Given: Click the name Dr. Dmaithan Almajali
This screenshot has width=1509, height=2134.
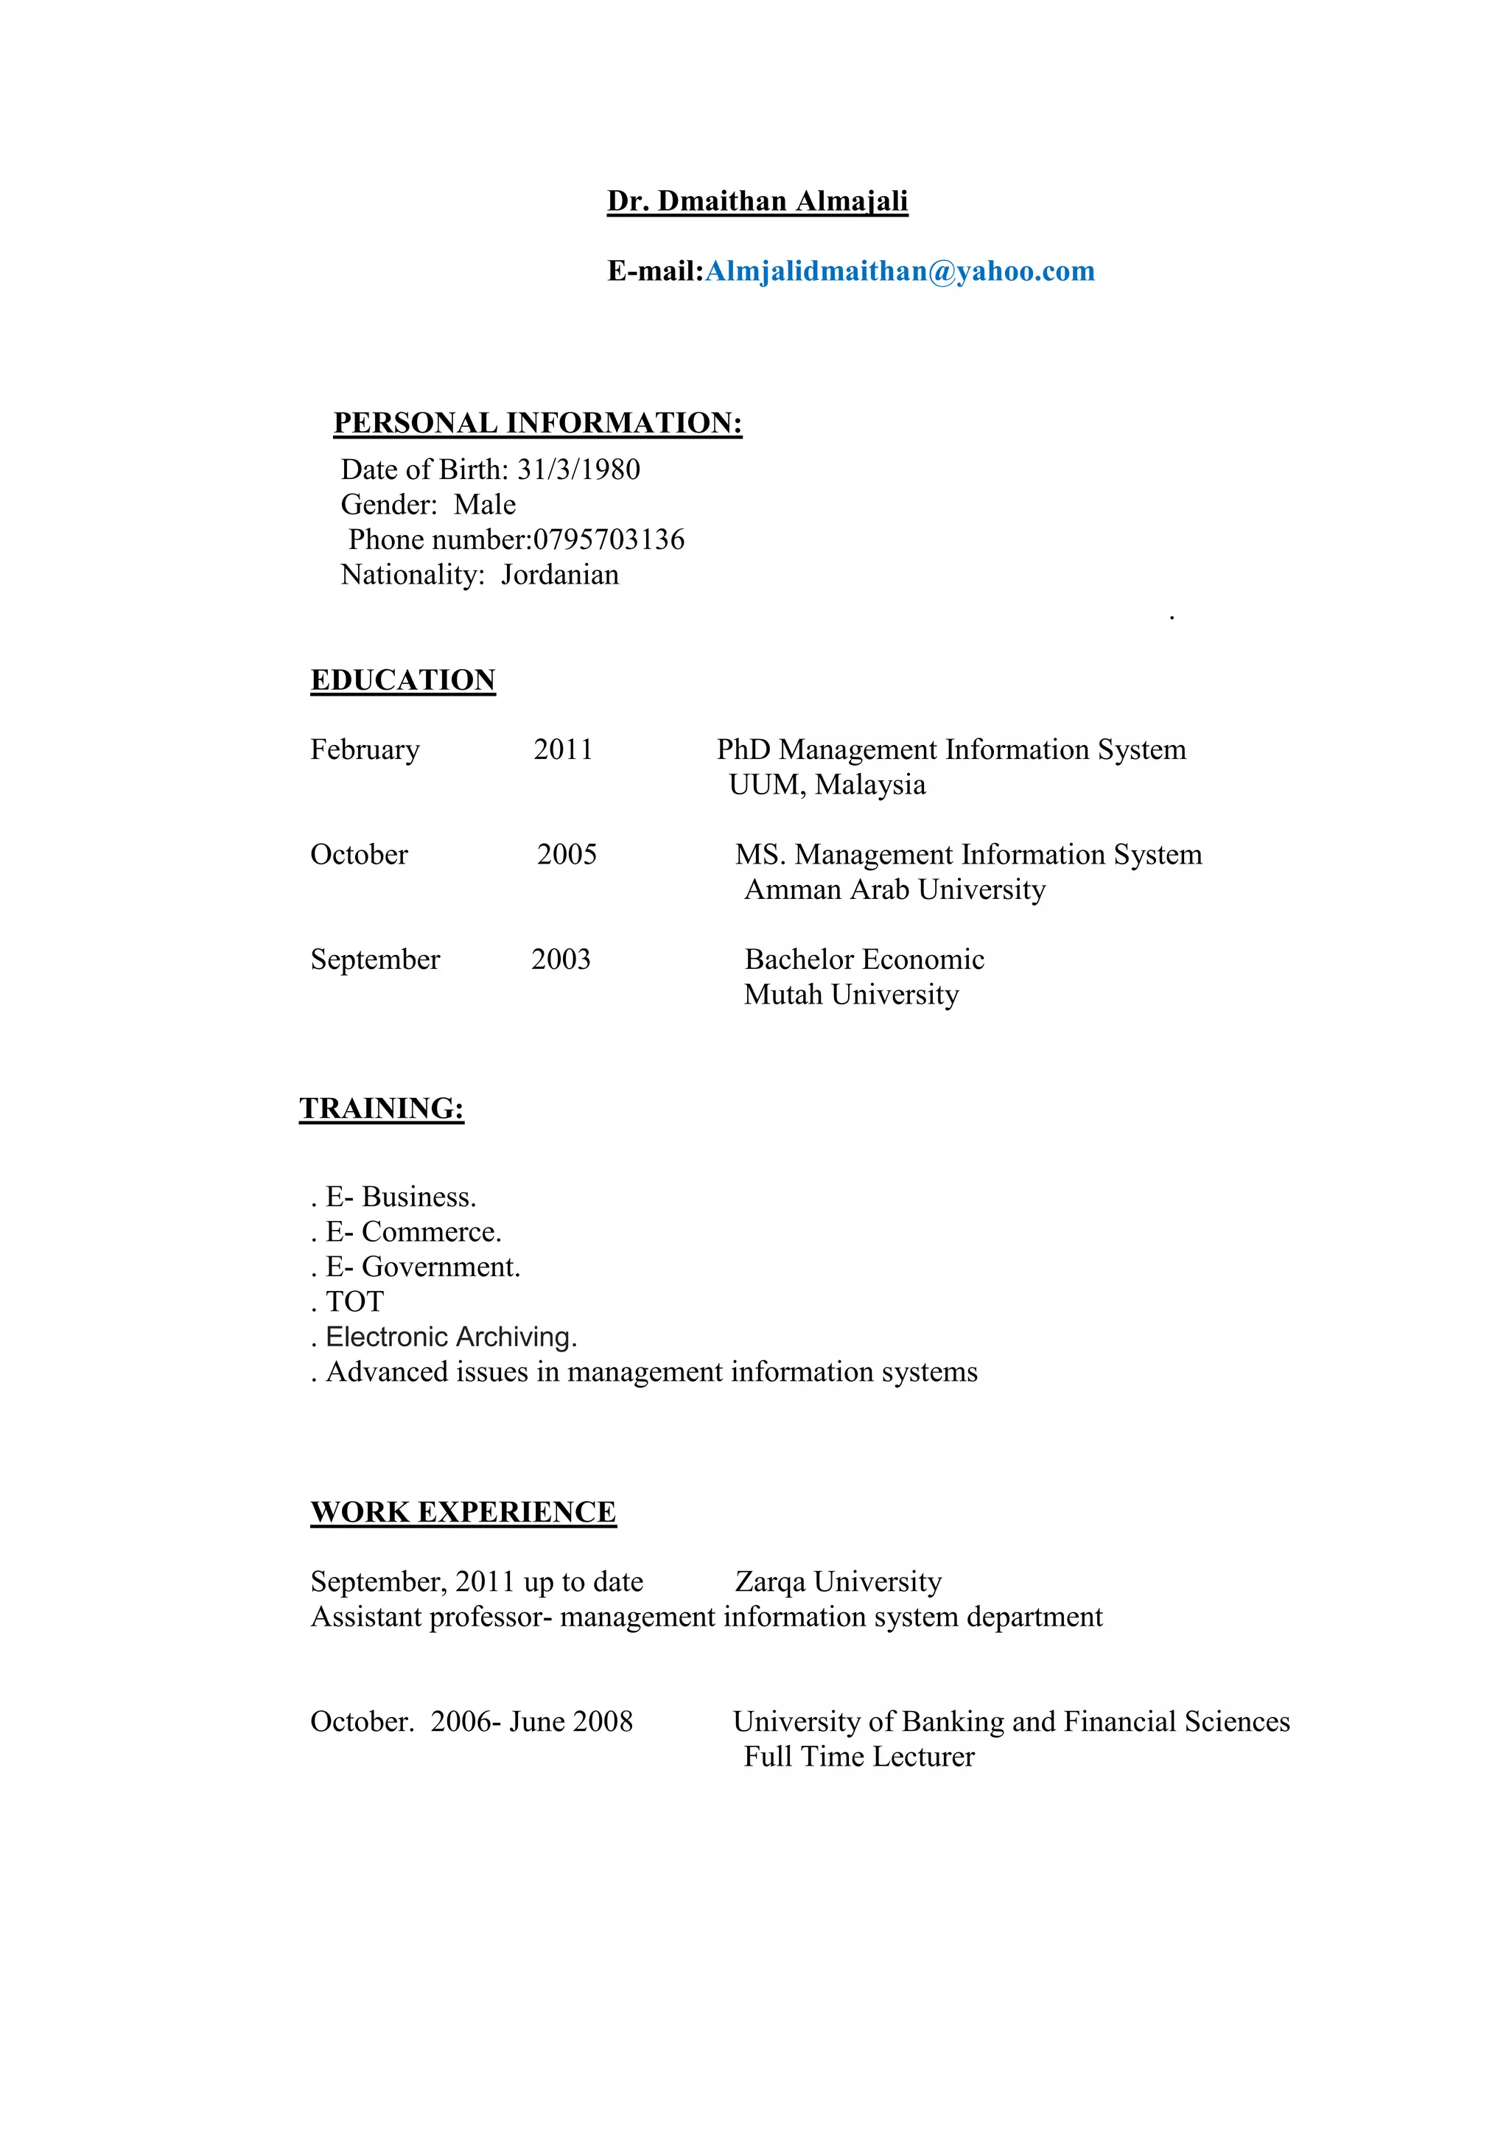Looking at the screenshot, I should [x=757, y=202].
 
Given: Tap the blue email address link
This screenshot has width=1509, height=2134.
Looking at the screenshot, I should [x=900, y=271].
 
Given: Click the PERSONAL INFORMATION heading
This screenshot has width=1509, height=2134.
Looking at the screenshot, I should [x=537, y=423].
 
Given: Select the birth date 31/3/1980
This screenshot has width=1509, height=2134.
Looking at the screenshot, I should [x=578, y=469].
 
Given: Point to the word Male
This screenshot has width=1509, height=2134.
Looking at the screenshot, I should [x=484, y=505].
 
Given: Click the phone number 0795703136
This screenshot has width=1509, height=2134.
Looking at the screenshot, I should [x=609, y=540].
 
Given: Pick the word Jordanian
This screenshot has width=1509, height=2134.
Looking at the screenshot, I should [x=559, y=576].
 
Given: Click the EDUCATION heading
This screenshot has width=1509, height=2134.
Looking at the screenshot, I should [x=402, y=680].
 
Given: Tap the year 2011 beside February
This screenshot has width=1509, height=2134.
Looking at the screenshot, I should [x=562, y=750].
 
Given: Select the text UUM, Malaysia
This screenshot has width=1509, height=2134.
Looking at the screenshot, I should [x=827, y=786].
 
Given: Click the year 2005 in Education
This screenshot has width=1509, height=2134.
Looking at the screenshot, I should [x=567, y=855].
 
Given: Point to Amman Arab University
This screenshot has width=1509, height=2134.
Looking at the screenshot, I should [x=894, y=890].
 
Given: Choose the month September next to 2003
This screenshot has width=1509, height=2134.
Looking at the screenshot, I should [x=374, y=960].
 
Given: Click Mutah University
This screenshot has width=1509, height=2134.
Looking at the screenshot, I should [x=851, y=996].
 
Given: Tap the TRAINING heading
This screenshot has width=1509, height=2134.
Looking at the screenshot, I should [x=381, y=1109].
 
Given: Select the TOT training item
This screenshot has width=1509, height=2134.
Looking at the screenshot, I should [x=354, y=1302].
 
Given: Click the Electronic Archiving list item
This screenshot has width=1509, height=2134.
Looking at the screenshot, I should [x=451, y=1337].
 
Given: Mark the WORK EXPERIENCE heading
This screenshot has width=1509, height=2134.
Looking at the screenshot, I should [x=463, y=1512].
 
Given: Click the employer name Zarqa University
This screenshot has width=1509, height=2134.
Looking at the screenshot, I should [x=838, y=1582].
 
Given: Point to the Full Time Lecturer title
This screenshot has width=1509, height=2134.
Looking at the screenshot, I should [x=858, y=1757].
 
